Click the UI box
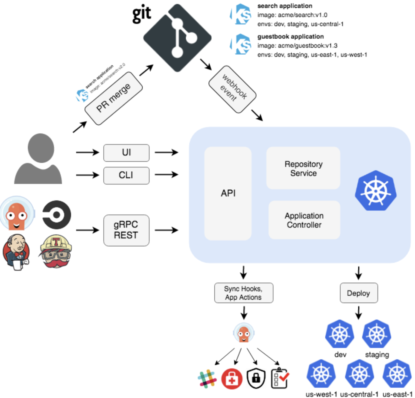point(126,153)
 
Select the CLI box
point(126,175)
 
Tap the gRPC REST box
point(126,230)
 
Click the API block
point(228,193)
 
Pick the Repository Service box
point(303,168)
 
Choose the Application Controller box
point(304,220)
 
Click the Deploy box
point(358,293)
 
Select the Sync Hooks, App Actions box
point(243,293)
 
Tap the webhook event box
point(233,89)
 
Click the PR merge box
point(113,98)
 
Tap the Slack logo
point(207,378)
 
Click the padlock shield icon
point(256,378)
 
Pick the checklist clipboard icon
point(279,378)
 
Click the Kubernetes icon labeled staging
point(376,334)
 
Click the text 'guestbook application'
point(290,37)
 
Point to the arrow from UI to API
point(166,152)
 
